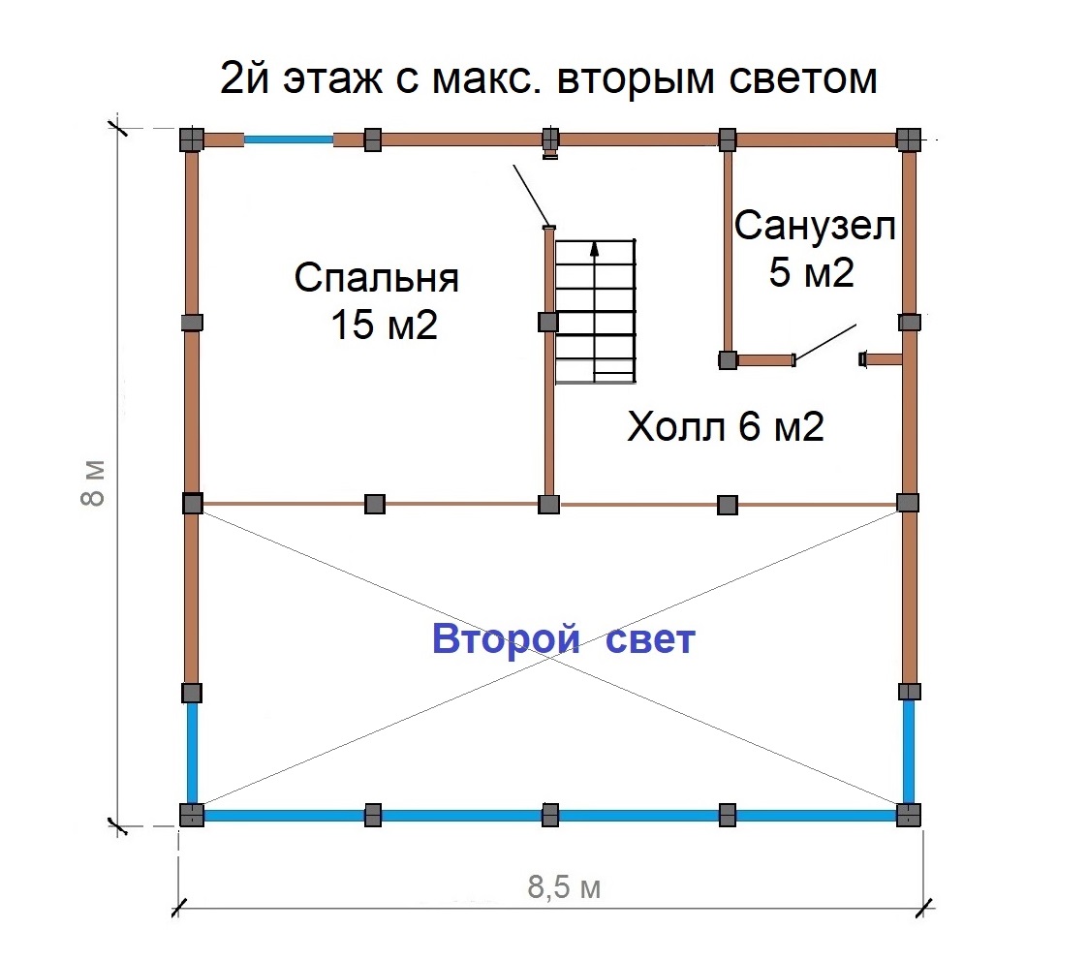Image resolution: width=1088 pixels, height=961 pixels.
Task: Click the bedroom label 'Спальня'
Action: (x=376, y=279)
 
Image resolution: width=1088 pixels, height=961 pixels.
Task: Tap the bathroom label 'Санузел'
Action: (x=815, y=226)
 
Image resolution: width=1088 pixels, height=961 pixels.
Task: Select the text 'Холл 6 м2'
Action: (x=725, y=425)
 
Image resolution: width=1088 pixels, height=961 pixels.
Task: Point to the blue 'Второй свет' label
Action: (x=564, y=638)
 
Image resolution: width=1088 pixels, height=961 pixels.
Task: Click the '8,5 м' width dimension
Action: (x=564, y=886)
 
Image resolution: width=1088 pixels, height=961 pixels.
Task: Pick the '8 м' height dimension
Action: (x=94, y=482)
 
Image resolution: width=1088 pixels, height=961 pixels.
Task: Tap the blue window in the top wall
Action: (x=288, y=139)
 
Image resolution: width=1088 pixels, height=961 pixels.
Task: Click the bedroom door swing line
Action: (x=532, y=196)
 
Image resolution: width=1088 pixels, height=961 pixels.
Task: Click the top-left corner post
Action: (x=192, y=139)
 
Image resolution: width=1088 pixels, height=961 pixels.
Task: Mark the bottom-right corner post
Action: (x=909, y=815)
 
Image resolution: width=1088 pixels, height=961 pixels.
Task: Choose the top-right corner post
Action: (x=909, y=139)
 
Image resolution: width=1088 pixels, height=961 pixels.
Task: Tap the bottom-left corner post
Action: (x=192, y=815)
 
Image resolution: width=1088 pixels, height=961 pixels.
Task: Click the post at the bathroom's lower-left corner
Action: (x=728, y=360)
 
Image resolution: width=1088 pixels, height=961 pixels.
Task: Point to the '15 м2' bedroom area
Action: (x=384, y=325)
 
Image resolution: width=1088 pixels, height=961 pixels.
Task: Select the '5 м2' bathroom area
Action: (x=811, y=271)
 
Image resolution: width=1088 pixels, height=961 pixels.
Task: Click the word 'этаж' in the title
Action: (x=333, y=79)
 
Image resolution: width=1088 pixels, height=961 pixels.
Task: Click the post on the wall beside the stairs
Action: (x=548, y=322)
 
